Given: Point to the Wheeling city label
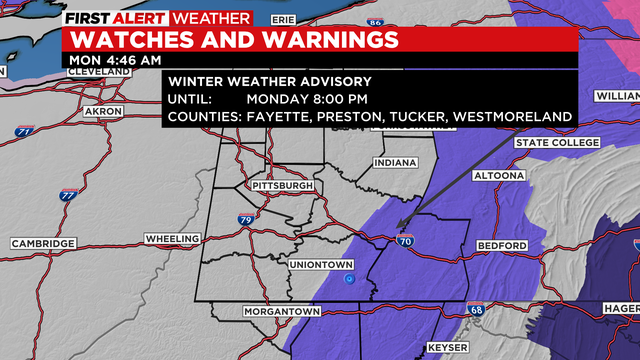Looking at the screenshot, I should pyautogui.click(x=172, y=240).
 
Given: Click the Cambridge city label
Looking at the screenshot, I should pyautogui.click(x=43, y=244).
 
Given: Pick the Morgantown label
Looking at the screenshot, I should pyautogui.click(x=281, y=312).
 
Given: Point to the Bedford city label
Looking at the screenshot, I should pyautogui.click(x=503, y=246).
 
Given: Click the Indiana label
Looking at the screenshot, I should pyautogui.click(x=395, y=163).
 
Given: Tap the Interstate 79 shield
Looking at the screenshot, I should pyautogui.click(x=245, y=219).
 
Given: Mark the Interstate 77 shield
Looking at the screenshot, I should pyautogui.click(x=67, y=196).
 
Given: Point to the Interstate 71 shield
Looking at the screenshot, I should pyautogui.click(x=24, y=131).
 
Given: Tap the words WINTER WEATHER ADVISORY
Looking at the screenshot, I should pyautogui.click(x=270, y=81).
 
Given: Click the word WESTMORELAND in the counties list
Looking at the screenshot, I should pyautogui.click(x=513, y=117).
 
